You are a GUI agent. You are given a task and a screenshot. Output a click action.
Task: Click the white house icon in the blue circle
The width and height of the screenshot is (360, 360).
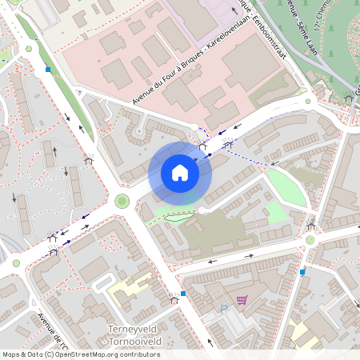pyautogui.click(x=180, y=172)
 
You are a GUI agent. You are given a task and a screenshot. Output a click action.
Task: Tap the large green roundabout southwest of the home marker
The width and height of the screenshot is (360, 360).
pyautogui.click(x=122, y=201)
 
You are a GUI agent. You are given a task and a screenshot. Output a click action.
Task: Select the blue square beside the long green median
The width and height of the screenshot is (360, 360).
pyautogui.click(x=49, y=70)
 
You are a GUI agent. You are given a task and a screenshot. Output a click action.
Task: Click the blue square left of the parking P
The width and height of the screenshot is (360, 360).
pyautogui.click(x=183, y=294)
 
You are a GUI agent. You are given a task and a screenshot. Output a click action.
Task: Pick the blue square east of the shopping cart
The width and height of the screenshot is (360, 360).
pyautogui.click(x=302, y=272)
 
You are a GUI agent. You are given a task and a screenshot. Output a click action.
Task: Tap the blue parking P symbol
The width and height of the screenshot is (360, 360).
pyautogui.click(x=224, y=307)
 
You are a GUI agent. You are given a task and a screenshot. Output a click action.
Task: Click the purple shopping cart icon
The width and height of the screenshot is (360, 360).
pyautogui.click(x=242, y=301)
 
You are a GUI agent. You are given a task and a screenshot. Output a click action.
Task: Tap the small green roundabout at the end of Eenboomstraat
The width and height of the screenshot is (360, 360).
pyautogui.click(x=309, y=101)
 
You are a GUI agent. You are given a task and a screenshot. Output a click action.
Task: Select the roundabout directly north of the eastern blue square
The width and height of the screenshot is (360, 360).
pyautogui.click(x=310, y=240)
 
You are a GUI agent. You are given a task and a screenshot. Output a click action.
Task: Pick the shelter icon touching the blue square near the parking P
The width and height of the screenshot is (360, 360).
pyautogui.click(x=174, y=300)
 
